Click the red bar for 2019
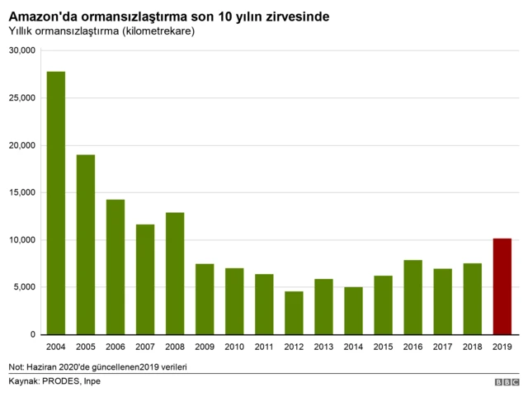point(502,286)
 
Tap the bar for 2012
point(294,313)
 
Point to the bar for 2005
point(86,244)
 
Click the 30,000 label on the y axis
point(21,50)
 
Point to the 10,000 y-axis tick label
point(21,240)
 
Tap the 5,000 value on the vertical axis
point(24,287)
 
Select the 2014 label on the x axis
point(353,347)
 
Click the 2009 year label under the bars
point(205,347)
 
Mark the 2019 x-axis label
point(502,347)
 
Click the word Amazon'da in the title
point(42,16)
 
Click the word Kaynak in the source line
point(22,381)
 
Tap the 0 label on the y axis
point(32,335)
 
